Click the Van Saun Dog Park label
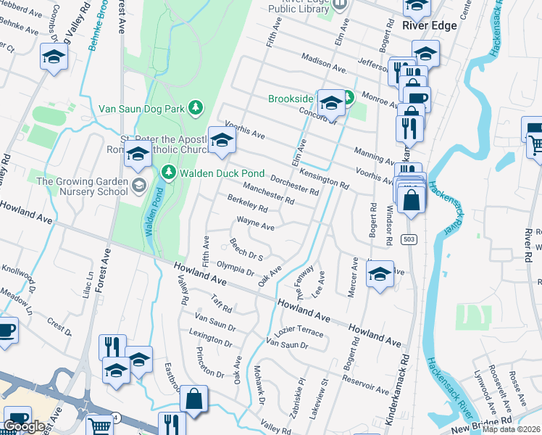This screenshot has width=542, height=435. click(x=142, y=108)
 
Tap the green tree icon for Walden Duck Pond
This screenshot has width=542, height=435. click(x=169, y=172)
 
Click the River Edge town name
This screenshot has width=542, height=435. click(x=428, y=25)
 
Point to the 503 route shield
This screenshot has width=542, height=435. click(x=411, y=240)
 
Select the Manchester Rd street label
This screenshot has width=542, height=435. click(x=268, y=192)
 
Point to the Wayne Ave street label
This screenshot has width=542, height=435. click(x=255, y=225)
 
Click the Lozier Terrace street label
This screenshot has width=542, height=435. click(x=300, y=331)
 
